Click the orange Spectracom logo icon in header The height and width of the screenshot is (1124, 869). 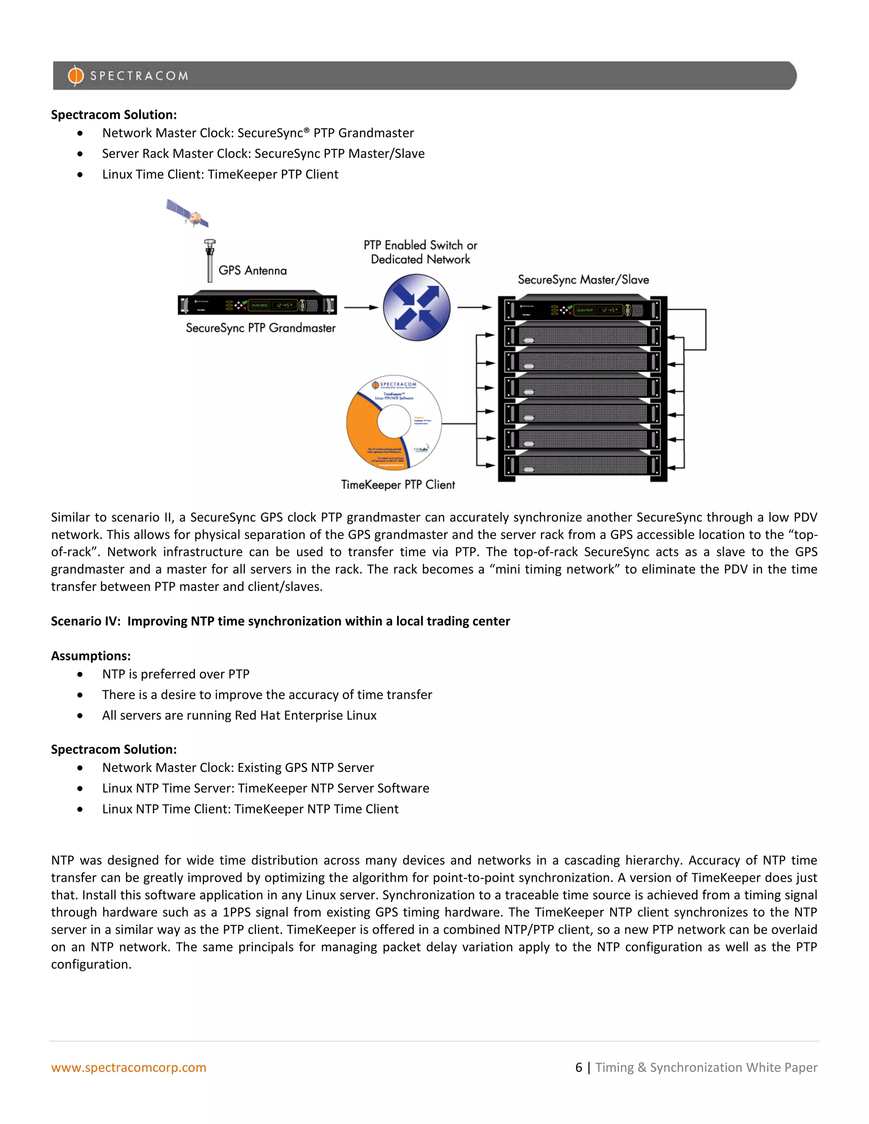(75, 75)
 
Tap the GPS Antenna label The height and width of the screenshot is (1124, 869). (252, 271)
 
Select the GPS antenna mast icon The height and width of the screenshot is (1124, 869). (210, 261)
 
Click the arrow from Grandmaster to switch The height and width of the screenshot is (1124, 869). (361, 308)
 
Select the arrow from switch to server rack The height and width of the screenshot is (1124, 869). (474, 308)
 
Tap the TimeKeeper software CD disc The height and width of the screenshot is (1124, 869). (394, 422)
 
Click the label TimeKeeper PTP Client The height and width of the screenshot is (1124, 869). (398, 485)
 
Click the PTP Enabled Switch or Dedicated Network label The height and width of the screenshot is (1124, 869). (420, 252)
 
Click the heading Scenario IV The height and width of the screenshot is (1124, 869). (280, 621)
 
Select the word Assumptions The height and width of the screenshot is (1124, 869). (91, 656)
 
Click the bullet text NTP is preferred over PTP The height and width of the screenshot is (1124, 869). (176, 674)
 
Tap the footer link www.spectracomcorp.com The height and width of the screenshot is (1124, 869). (129, 1068)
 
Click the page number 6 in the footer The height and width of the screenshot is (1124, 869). (579, 1068)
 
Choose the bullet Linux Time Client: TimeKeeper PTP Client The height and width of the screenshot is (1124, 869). (220, 174)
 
